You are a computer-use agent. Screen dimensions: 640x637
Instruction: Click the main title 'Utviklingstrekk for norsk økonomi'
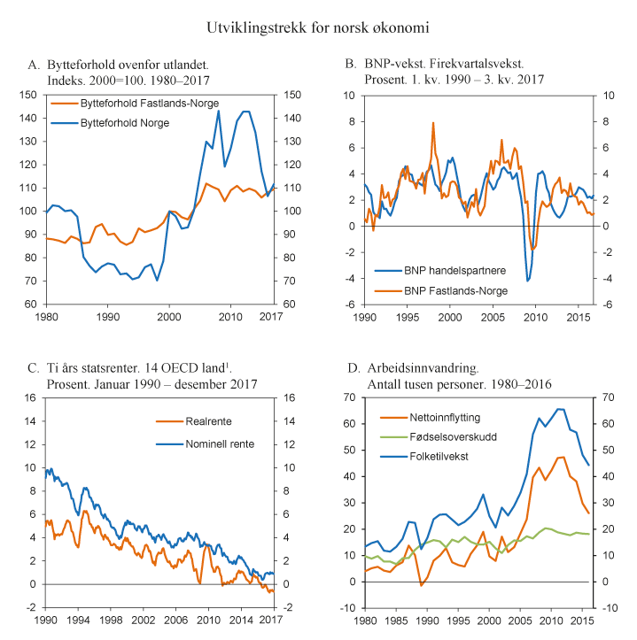(318, 28)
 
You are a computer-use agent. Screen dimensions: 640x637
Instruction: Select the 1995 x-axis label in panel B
(407, 315)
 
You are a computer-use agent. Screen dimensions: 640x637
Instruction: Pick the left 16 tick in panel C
(29, 397)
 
